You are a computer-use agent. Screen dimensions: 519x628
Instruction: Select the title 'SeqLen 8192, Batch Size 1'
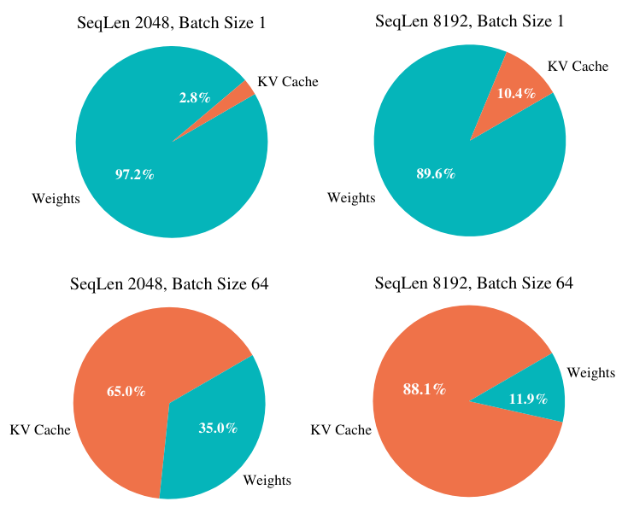pyautogui.click(x=470, y=20)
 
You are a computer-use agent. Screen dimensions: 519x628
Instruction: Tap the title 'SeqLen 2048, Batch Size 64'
pyautogui.click(x=169, y=284)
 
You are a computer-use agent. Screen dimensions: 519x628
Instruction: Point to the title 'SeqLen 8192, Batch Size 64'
pyautogui.click(x=474, y=283)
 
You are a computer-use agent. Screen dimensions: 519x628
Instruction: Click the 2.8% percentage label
pyautogui.click(x=194, y=97)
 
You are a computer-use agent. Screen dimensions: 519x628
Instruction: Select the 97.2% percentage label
pyautogui.click(x=134, y=174)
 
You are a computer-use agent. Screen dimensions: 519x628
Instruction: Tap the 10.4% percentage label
pyautogui.click(x=515, y=93)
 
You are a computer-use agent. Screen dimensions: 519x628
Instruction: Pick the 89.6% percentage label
pyautogui.click(x=436, y=174)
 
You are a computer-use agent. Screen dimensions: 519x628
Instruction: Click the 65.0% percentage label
pyautogui.click(x=126, y=391)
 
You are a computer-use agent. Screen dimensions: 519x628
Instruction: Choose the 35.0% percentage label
pyautogui.click(x=218, y=428)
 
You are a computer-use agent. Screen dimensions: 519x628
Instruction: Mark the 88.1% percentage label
pyautogui.click(x=424, y=389)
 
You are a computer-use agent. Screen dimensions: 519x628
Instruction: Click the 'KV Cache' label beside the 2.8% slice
pyautogui.click(x=288, y=82)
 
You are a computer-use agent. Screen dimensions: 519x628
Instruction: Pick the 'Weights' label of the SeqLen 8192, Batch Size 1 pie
pyautogui.click(x=351, y=198)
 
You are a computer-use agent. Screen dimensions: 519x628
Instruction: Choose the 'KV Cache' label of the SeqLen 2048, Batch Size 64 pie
pyautogui.click(x=40, y=429)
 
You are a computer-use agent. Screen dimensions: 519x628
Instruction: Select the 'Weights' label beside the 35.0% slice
pyautogui.click(x=267, y=481)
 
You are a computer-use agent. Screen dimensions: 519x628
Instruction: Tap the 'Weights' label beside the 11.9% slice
pyautogui.click(x=591, y=372)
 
